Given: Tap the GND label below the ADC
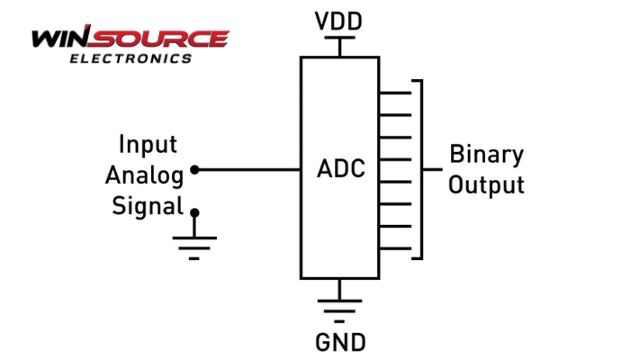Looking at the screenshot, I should [x=340, y=342].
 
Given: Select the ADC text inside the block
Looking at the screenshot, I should [x=341, y=168].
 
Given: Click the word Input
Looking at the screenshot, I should [x=148, y=145].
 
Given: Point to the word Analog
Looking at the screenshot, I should [x=145, y=174].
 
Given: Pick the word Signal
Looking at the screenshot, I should [x=148, y=204].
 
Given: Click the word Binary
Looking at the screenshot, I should [x=486, y=154].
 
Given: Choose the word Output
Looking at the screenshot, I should [x=486, y=185].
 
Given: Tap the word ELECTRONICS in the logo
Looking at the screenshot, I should [x=130, y=59].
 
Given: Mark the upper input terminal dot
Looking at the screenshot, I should [x=195, y=169].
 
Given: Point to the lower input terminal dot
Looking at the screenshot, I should [x=195, y=213].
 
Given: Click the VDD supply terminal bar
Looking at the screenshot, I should [x=339, y=38].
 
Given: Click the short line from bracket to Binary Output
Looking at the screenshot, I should [x=432, y=169].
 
